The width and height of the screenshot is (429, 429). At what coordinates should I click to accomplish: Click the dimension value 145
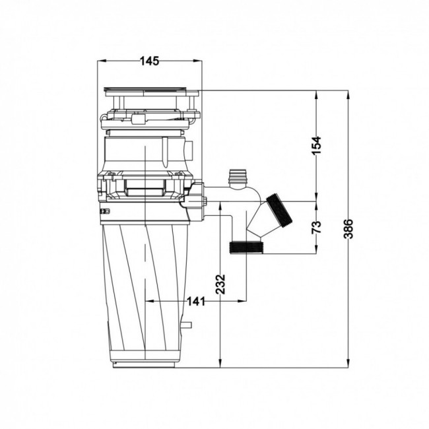coord(149,61)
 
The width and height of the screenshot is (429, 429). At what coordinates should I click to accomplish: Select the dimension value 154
coord(317,145)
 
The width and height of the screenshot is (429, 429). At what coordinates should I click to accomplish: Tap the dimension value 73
coord(317,227)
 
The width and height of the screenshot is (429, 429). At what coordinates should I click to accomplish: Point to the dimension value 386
coord(348,229)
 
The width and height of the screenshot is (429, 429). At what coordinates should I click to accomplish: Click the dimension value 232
coord(220,284)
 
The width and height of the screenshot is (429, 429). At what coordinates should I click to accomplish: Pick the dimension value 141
coord(195,302)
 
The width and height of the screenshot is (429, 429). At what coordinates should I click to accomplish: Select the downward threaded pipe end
coord(247,247)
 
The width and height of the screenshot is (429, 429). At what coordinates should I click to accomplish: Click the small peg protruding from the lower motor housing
coord(187,325)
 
